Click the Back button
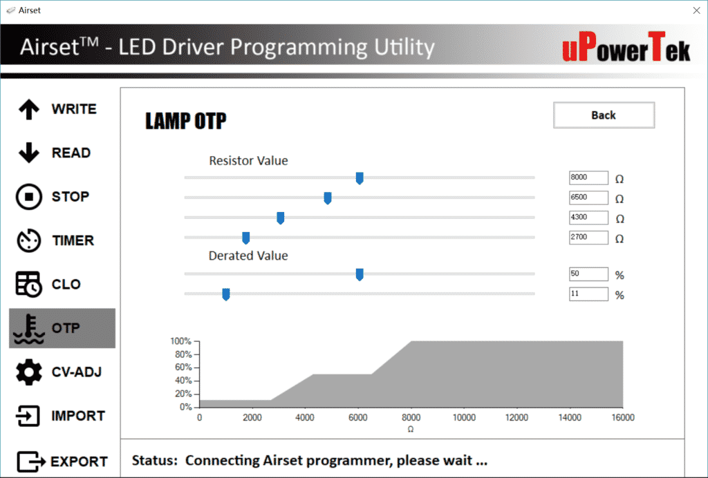[x=604, y=115]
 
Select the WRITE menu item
[x=58, y=109]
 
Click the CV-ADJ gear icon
[x=28, y=372]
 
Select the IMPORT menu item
[x=58, y=416]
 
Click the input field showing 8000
[x=588, y=178]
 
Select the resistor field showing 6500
[x=588, y=198]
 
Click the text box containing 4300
[x=588, y=218]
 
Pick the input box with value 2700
[x=588, y=238]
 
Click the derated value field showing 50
[x=588, y=274]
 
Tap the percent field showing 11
[x=588, y=294]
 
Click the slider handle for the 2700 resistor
[x=245, y=238]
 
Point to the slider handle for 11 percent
[x=225, y=294]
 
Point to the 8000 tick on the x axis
[x=411, y=417]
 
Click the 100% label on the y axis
[x=180, y=341]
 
